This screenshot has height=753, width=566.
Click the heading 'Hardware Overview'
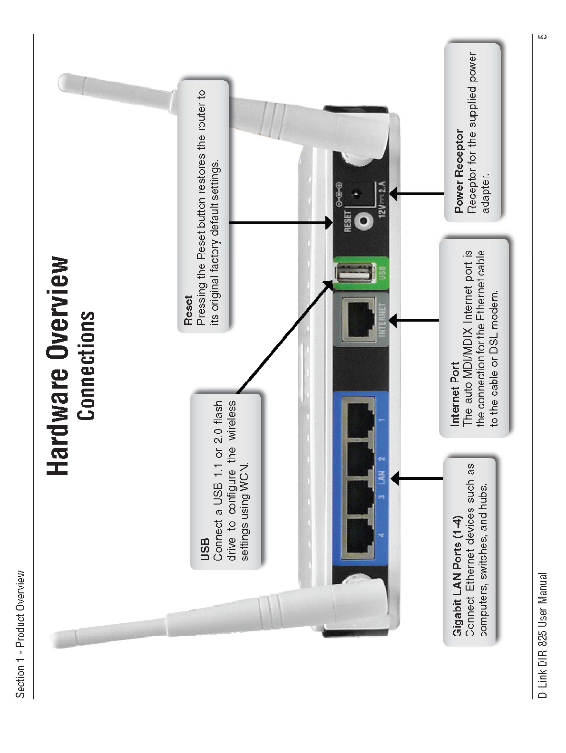[59, 366]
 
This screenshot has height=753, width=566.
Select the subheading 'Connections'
[87, 366]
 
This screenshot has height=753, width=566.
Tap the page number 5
[543, 37]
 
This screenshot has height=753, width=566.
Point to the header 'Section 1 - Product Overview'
[20, 634]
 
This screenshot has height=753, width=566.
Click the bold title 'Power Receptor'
[459, 171]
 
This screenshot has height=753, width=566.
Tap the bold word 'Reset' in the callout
[188, 310]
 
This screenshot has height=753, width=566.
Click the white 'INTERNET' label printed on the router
[382, 319]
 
